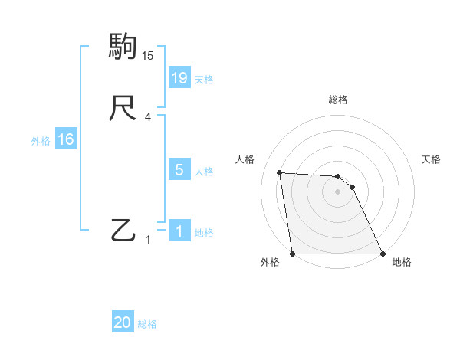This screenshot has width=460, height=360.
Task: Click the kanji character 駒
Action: [123, 47]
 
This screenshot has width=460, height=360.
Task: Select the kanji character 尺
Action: [123, 108]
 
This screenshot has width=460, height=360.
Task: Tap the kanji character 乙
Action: [123, 230]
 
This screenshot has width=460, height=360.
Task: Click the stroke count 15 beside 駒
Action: [148, 56]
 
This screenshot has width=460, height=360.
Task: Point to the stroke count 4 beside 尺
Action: [148, 117]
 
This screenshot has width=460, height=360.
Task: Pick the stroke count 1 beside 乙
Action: [148, 240]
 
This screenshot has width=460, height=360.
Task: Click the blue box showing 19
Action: [179, 77]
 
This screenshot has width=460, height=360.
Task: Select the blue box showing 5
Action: [179, 170]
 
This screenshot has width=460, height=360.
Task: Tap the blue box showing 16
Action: [65, 139]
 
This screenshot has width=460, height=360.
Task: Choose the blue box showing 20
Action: [123, 322]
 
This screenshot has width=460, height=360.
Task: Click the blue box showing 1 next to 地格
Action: [179, 231]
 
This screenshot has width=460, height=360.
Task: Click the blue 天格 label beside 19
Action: [204, 80]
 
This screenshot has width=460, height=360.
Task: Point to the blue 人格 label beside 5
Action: [204, 172]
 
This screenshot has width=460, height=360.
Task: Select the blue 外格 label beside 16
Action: [40, 141]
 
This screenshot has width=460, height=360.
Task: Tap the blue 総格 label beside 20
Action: [147, 324]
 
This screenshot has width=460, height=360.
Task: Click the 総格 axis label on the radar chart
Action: [338, 100]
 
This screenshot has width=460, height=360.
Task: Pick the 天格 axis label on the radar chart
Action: [432, 159]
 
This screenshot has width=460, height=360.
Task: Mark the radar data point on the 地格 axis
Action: [382, 254]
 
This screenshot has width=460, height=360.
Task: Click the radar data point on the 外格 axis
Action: [293, 254]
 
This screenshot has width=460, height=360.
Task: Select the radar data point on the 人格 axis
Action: [280, 172]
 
